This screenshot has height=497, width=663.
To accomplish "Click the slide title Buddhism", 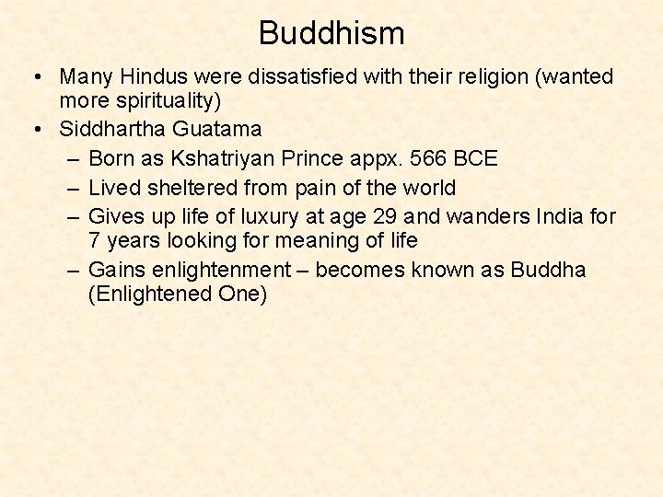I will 331,34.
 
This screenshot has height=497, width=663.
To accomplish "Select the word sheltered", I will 192,188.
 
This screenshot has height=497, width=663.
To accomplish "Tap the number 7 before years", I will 94,241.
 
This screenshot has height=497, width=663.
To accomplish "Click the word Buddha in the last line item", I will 548,271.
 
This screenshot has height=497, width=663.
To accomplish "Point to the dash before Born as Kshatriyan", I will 73,159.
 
